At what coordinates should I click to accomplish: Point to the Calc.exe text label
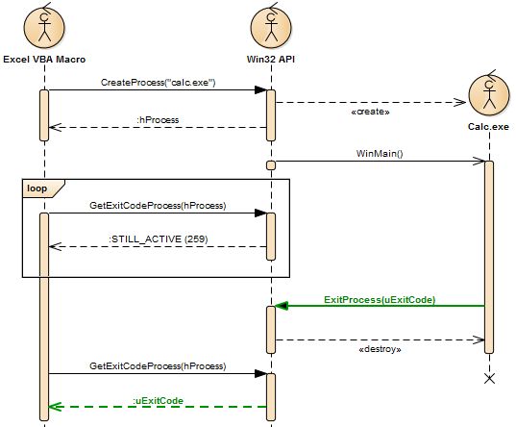tap(488, 127)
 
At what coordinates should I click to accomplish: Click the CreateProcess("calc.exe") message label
tap(158, 83)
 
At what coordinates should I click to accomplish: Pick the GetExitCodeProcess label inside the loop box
tap(158, 205)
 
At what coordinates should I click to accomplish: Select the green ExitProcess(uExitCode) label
tap(380, 299)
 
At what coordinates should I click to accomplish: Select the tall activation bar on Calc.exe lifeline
tap(488, 255)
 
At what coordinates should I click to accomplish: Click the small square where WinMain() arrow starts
tap(271, 164)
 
